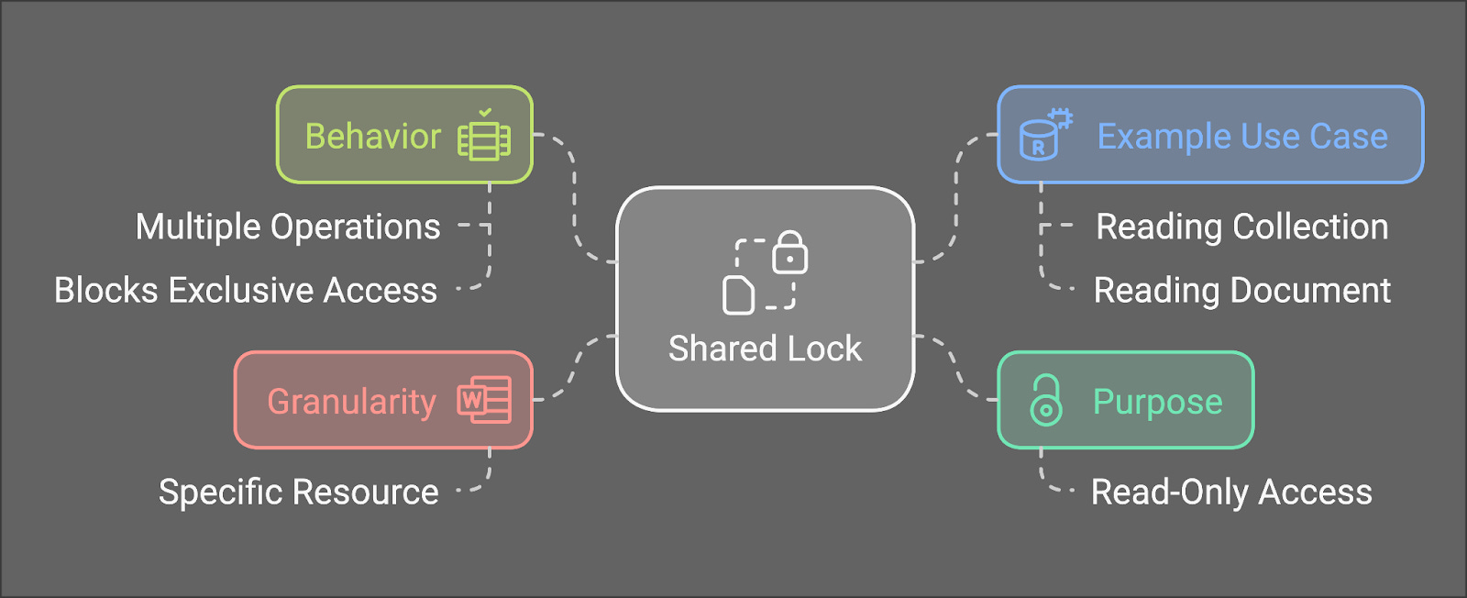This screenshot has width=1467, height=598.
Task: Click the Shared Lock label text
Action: [765, 349]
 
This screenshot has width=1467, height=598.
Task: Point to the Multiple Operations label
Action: [288, 227]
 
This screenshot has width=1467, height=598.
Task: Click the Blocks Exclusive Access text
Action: [246, 291]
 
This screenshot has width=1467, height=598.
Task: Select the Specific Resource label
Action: [299, 493]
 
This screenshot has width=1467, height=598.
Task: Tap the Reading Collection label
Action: [1242, 227]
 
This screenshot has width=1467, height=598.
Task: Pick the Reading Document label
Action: [1242, 291]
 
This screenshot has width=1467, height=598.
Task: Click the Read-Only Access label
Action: [1231, 493]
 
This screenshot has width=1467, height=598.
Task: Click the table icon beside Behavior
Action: [484, 137]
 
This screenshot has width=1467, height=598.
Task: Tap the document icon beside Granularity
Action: [484, 400]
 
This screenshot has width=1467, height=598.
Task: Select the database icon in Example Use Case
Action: [1044, 137]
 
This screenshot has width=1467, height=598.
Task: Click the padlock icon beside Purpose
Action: [1045, 401]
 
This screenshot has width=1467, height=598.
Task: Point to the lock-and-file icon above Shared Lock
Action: [765, 271]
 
